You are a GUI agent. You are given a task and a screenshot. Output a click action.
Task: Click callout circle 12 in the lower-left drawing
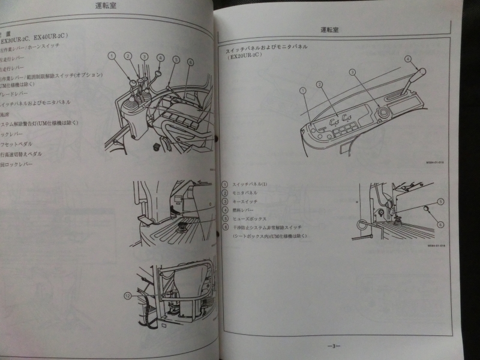click(x=127, y=295)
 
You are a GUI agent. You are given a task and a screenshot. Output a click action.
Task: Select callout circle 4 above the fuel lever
click(x=407, y=59)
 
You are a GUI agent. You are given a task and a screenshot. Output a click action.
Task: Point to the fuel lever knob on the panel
click(x=421, y=73)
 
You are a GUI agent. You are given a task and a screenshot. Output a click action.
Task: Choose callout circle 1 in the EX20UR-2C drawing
click(x=303, y=90)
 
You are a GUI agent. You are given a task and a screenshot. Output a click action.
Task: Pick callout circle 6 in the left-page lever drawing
click(x=190, y=62)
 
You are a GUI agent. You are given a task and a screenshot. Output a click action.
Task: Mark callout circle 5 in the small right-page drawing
click(x=440, y=202)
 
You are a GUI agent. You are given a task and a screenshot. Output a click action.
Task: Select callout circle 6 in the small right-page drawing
click(x=440, y=224)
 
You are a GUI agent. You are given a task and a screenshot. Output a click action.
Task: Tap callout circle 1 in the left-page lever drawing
click(x=112, y=55)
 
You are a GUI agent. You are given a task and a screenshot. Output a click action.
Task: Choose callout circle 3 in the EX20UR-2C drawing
click(x=353, y=72)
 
